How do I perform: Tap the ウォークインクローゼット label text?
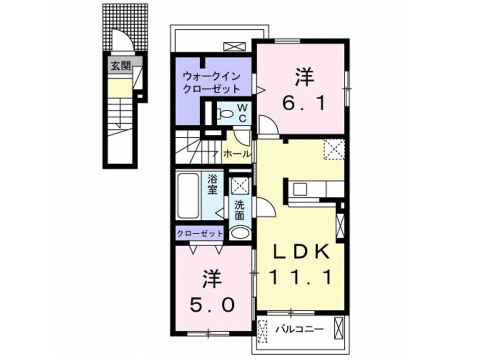click(x=211, y=82)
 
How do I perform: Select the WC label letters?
click(x=241, y=112)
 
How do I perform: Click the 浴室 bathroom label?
click(x=213, y=184)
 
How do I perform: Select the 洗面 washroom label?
click(x=239, y=210)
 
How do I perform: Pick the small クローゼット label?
click(x=199, y=233)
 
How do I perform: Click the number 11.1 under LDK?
click(x=301, y=276)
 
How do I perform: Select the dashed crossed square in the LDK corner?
click(x=333, y=149)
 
